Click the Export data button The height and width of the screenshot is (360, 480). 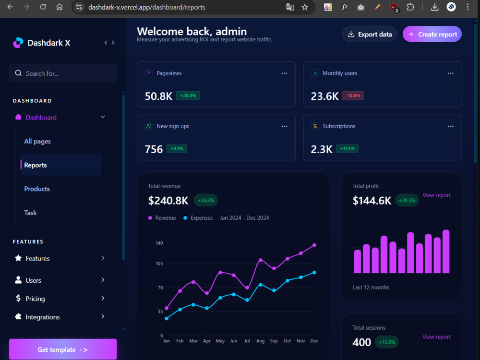pos(370,34)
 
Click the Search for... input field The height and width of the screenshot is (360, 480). pos(63,73)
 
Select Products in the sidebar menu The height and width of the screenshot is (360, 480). pos(37,189)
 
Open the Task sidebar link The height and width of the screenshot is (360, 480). pos(30,213)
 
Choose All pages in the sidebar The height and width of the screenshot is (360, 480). pos(37,142)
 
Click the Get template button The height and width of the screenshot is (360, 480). pos(63,349)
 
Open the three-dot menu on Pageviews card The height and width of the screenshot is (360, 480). pos(284,73)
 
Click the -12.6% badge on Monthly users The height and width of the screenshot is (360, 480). pos(353,96)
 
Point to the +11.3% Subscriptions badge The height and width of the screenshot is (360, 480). pos(347,149)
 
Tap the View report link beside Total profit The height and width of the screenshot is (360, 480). pos(436,195)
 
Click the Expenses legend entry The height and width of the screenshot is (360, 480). pos(198,218)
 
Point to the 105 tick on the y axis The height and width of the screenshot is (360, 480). pos(159,264)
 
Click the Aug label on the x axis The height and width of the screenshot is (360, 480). pos(260,341)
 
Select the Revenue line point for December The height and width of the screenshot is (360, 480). pos(314,245)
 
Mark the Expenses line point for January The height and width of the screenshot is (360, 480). pos(167,318)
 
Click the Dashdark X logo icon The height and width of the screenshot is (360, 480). pos(18,43)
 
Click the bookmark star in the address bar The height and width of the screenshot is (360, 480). pos(305,7)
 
